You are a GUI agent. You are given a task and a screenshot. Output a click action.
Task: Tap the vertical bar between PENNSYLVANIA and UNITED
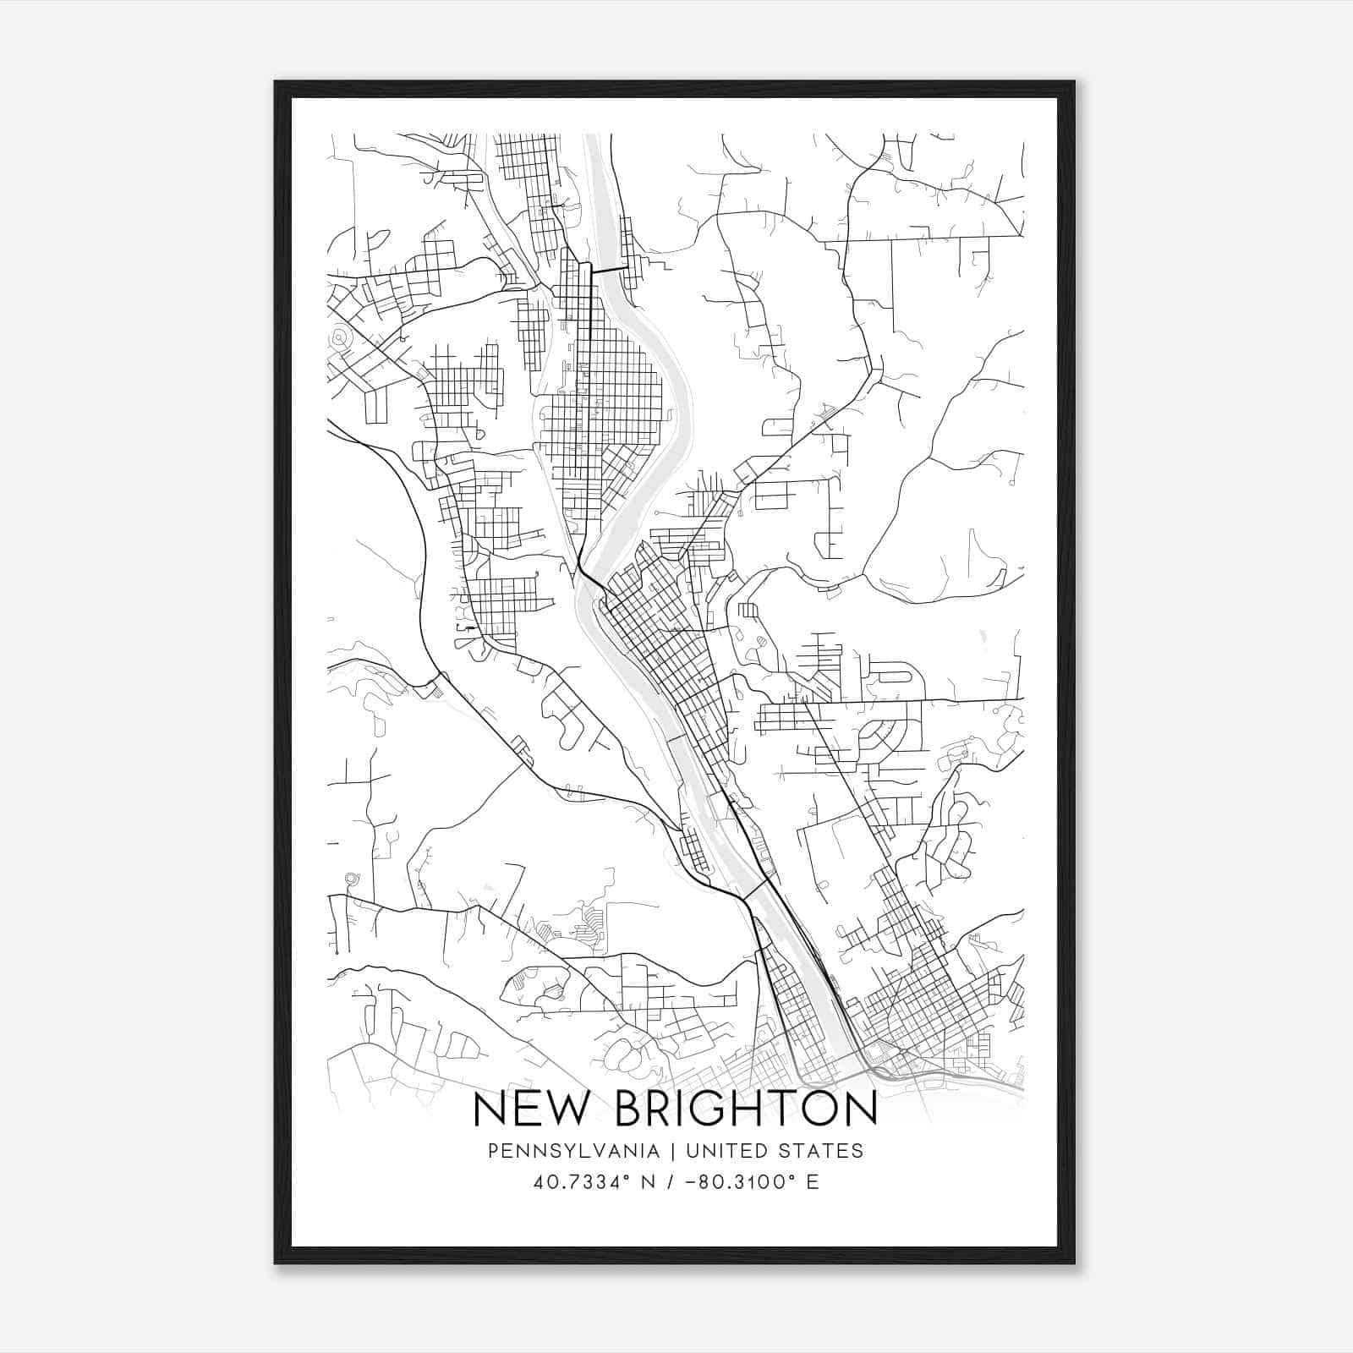click(x=673, y=1151)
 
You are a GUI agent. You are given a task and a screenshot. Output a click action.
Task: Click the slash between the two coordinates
click(x=670, y=1182)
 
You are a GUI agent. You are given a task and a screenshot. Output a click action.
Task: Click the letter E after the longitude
click(x=813, y=1182)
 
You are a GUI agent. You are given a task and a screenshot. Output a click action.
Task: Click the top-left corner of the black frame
click(x=277, y=83)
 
